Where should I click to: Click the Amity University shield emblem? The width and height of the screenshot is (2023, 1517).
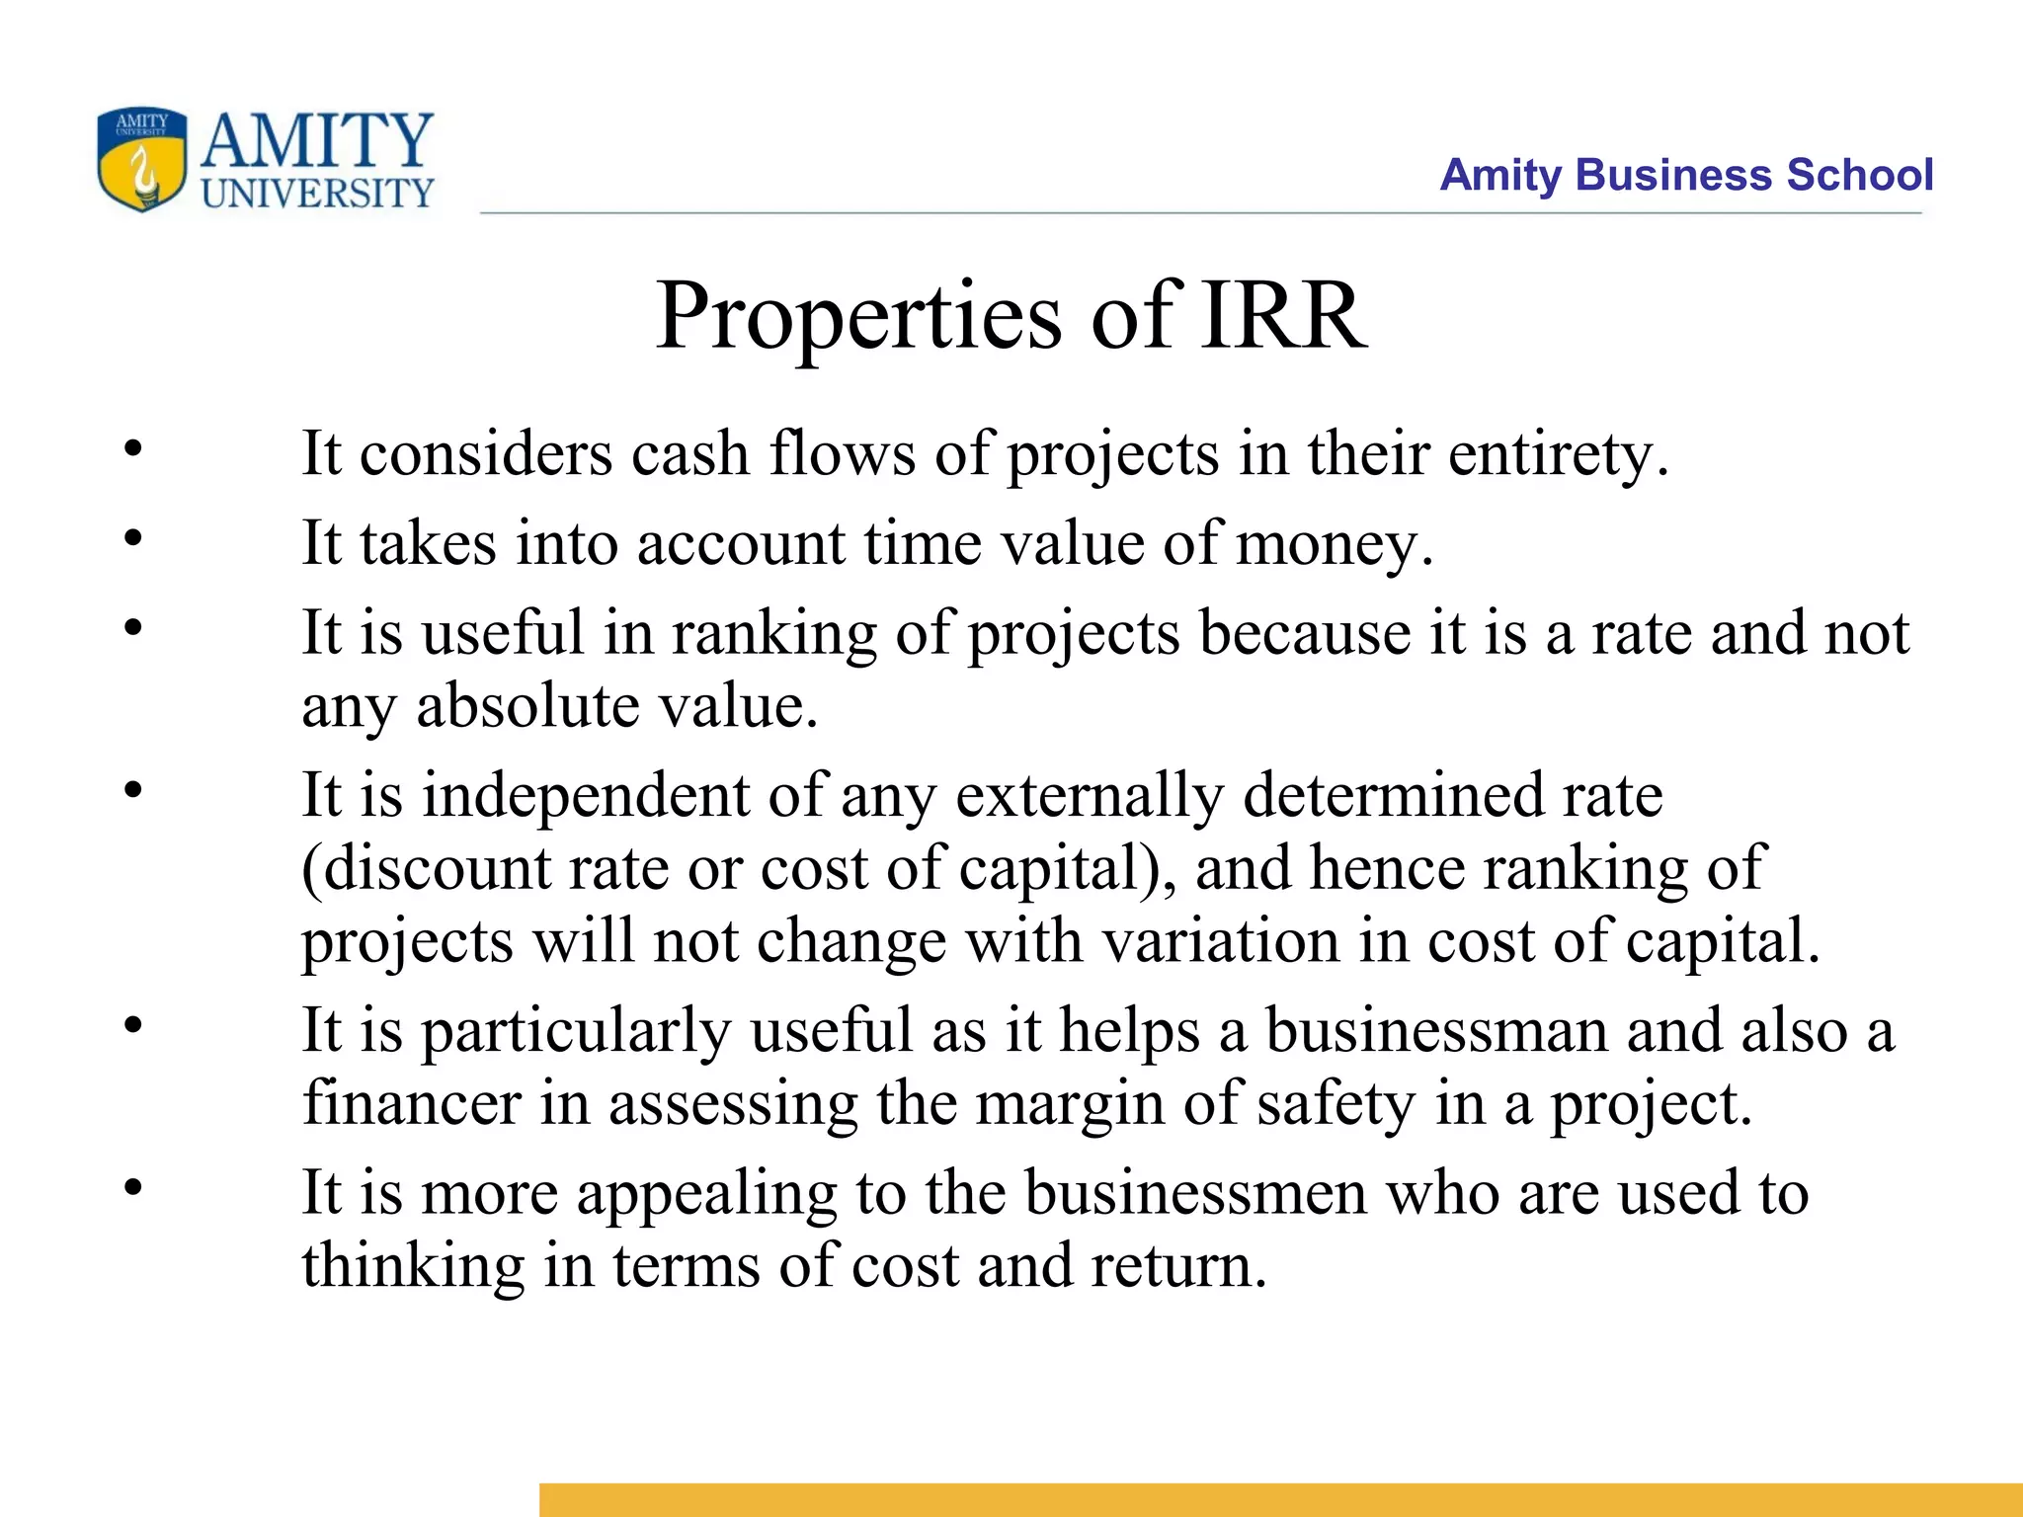pos(141,159)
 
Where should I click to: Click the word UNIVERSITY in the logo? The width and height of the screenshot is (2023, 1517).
pos(317,193)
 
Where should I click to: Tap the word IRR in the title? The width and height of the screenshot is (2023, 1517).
pos(1283,316)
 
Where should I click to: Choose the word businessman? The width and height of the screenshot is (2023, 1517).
pos(1436,1031)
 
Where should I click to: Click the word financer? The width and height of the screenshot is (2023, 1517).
pos(411,1103)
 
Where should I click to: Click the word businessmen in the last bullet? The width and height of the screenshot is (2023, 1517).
pos(1195,1193)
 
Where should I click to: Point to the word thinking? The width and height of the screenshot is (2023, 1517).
pos(413,1266)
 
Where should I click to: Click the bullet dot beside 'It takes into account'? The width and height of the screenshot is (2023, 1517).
pos(133,538)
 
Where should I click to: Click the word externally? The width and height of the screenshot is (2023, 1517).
pos(1090,795)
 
